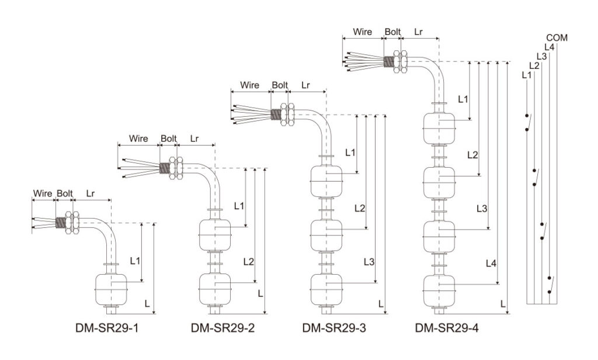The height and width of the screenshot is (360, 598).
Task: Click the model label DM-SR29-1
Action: pos(107,327)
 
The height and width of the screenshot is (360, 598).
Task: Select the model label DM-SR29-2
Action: pos(222,327)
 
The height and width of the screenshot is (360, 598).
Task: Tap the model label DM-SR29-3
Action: pos(334,327)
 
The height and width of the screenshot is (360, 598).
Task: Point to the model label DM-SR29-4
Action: pos(447,327)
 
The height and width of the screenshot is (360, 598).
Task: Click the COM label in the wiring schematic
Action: pos(557,38)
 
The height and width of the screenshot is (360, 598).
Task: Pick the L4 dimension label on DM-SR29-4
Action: pos(491,263)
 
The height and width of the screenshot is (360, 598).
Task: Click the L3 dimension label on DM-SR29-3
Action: pos(369,262)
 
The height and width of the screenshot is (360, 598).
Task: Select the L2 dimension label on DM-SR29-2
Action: pos(249,261)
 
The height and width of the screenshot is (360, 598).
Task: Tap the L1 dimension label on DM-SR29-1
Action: pos(135,261)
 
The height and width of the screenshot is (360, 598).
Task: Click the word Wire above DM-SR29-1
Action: pos(43,193)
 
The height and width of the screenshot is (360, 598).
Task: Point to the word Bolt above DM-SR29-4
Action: pos(392,32)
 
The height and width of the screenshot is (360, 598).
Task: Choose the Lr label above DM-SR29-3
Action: pos(305,85)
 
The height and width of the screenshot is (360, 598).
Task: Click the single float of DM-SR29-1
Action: pos(110,289)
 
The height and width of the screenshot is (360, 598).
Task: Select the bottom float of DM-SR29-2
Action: pos(215,289)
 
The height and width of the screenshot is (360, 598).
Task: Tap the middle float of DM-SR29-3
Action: pos(326,236)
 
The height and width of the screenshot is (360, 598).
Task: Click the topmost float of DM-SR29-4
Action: pos(439,129)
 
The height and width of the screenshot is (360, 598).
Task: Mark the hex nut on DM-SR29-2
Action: pos(176,168)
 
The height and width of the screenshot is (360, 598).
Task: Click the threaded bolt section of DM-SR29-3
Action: pos(276,114)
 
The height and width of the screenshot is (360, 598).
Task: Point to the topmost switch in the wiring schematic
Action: pos(528,123)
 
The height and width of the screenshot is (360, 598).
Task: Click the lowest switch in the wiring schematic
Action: pos(550,285)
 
